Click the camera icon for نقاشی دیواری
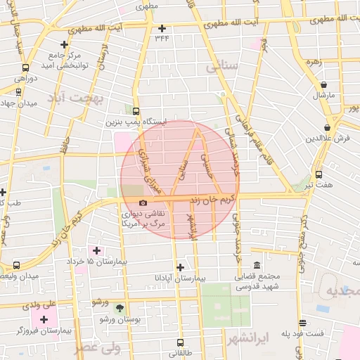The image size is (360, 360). pos(143,203)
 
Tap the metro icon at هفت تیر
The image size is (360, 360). pos(319,174)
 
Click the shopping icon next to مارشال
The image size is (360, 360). pos(323,84)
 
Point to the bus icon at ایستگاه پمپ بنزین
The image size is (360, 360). pos(136,111)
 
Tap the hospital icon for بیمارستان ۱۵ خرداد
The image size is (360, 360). pos(96,251)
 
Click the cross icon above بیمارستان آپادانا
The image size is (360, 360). pos(181,267)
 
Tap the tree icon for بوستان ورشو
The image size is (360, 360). pos(120,308)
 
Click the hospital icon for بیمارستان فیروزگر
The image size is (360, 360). pos(44,320)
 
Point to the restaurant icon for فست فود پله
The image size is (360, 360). pos(302,322)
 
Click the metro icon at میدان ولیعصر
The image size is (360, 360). pos(17,266)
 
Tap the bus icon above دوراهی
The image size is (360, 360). pos(26,68)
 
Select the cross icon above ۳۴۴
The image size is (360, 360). pos(162,29)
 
